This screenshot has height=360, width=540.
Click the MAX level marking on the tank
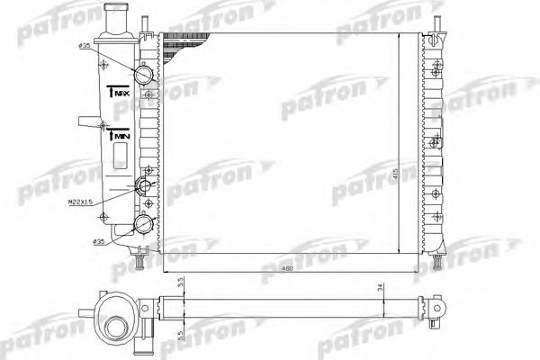(x=117, y=91)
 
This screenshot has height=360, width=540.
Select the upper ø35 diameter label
(x=85, y=46)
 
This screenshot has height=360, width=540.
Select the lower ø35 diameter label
(x=100, y=242)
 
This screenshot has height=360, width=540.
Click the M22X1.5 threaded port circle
(x=142, y=187)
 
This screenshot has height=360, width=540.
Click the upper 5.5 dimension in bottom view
(x=179, y=283)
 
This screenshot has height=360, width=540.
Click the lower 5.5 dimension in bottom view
(x=179, y=335)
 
